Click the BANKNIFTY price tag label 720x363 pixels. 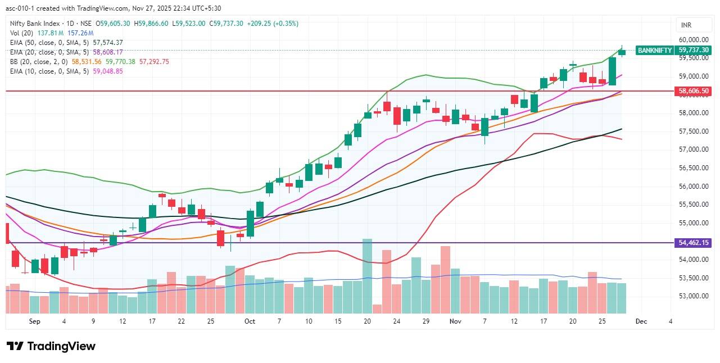(x=655, y=50)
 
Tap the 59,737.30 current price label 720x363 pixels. (x=694, y=50)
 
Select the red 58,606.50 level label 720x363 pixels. (x=694, y=90)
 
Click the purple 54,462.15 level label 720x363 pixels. (x=694, y=243)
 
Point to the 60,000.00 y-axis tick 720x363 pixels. (x=693, y=39)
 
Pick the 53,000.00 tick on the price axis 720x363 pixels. (x=693, y=296)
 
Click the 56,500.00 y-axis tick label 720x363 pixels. (x=693, y=168)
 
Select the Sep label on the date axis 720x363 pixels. (x=35, y=321)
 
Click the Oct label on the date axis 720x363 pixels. (x=250, y=321)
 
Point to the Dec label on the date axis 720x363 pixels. (x=641, y=321)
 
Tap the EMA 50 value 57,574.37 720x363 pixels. (x=108, y=43)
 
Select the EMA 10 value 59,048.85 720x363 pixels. (x=108, y=71)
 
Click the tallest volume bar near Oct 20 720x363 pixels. (x=368, y=275)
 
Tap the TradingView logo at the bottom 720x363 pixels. (x=51, y=346)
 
